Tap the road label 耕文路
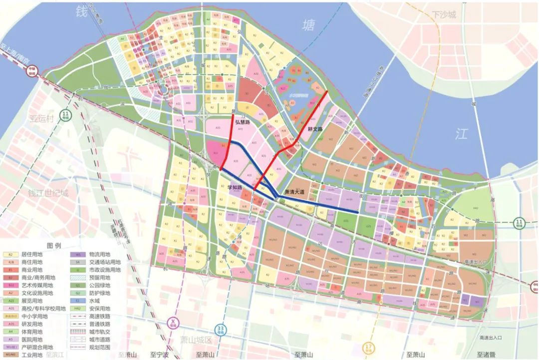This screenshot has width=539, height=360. (315, 128)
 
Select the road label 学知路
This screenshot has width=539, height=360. (235, 188)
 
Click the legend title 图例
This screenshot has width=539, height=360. (53, 246)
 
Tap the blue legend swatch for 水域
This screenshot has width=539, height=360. (78, 301)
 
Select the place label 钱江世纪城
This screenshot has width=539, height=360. (48, 193)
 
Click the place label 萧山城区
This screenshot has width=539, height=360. (196, 340)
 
